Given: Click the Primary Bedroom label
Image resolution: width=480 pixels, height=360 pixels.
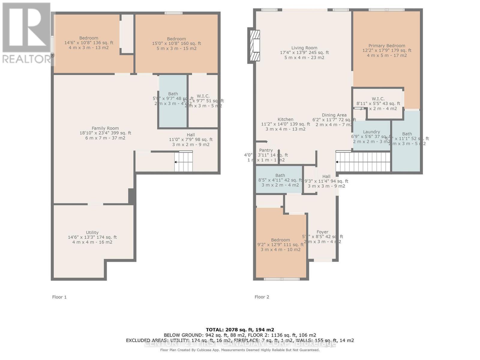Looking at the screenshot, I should click(387, 46).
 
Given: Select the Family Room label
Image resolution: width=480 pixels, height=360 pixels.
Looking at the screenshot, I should click(105, 128).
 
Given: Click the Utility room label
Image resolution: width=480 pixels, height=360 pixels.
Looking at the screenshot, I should click(92, 232).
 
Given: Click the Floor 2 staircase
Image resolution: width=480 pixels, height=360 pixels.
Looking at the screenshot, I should click(363, 162).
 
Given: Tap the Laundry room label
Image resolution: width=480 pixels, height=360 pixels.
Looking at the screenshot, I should click(371, 132).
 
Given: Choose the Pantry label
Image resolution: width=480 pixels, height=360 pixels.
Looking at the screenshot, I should click(266, 150).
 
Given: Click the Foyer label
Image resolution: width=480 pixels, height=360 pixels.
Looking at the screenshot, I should click(322, 232).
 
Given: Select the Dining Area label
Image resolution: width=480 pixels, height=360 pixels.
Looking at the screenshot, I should click(334, 115).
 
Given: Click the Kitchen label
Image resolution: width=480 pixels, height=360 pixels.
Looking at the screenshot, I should click(285, 119).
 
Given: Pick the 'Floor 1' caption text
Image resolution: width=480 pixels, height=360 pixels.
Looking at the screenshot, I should click(59, 297).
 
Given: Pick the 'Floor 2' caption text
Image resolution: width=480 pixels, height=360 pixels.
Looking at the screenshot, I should click(262, 297).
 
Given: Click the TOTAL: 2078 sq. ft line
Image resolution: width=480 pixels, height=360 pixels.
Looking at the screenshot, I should click(240, 330).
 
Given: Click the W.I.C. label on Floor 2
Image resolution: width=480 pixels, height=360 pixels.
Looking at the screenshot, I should click(378, 99).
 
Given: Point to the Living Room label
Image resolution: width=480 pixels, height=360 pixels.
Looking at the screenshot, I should click(304, 48).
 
